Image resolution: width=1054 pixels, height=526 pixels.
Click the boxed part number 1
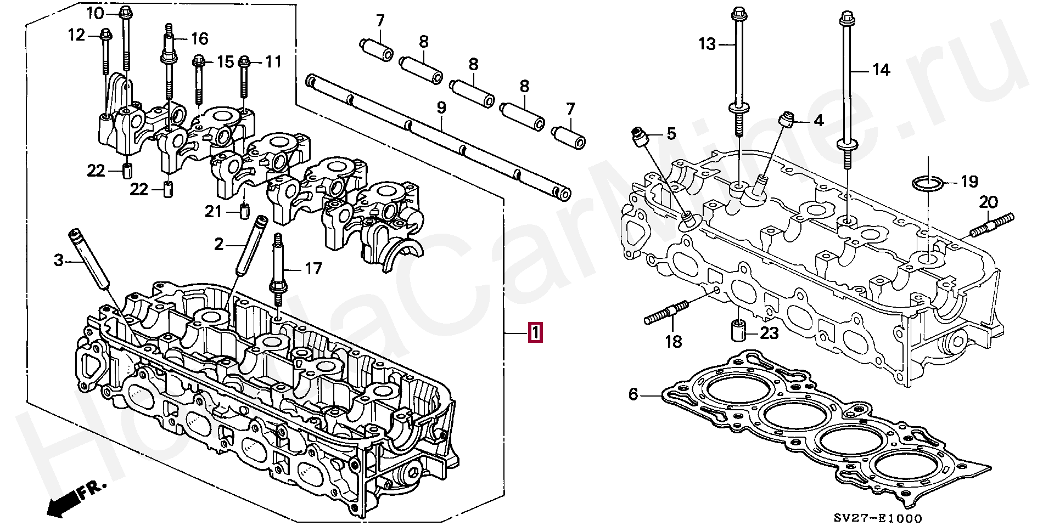[535, 333]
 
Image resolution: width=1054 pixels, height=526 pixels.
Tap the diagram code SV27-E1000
[877, 518]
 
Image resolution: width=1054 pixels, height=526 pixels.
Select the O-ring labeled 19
[927, 182]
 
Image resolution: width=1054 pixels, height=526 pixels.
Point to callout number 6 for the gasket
[633, 394]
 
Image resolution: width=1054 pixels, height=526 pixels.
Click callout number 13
[707, 44]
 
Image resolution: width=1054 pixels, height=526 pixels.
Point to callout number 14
[881, 70]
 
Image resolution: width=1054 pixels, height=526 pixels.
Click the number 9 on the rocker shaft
[441, 108]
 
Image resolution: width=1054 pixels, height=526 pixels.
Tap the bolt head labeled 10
[125, 11]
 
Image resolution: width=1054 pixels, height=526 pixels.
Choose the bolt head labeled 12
[105, 36]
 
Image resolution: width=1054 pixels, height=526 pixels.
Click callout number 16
[199, 38]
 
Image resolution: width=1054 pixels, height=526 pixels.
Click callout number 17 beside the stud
[313, 268]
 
